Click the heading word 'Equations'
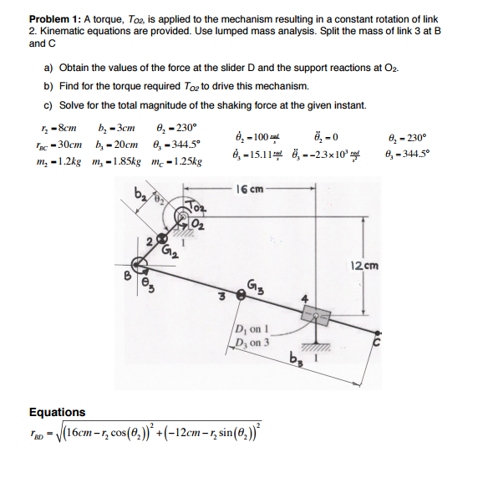tap(57, 411)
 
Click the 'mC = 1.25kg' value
tap(178, 158)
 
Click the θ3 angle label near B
tap(151, 282)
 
